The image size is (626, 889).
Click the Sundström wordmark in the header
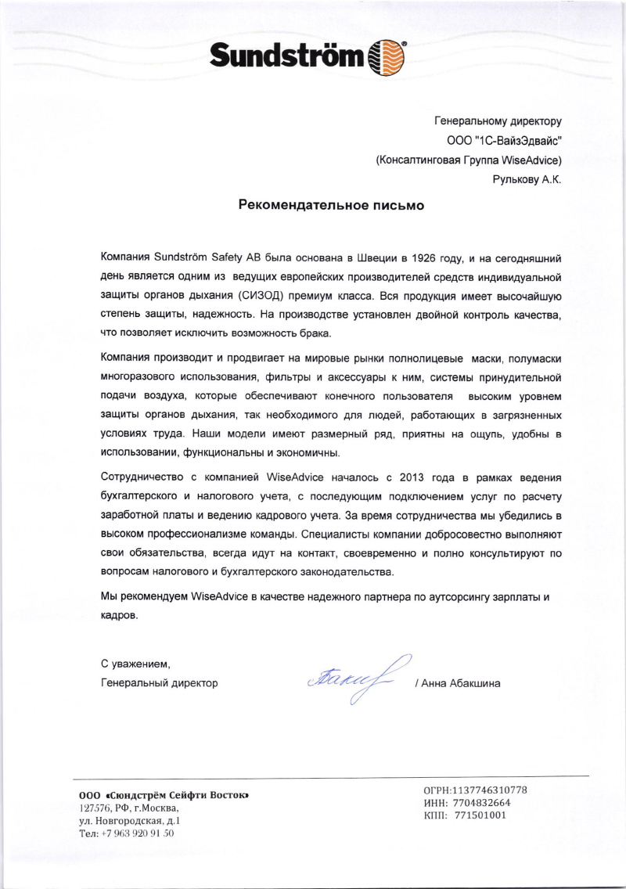tap(287, 56)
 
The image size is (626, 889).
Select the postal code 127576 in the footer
tap(95, 808)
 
